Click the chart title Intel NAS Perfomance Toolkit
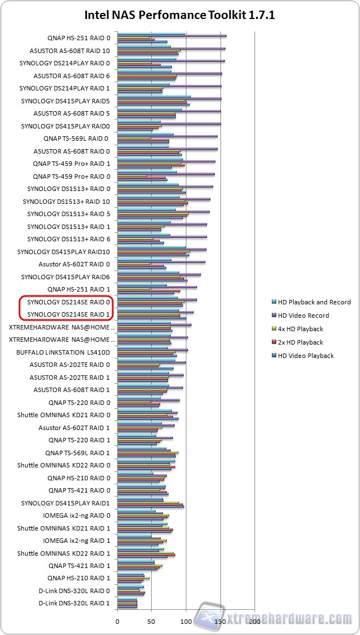pyautogui.click(x=180, y=15)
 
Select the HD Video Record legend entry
pyautogui.click(x=304, y=316)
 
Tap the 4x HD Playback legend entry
pyautogui.click(x=300, y=329)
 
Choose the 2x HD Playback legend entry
pyautogui.click(x=300, y=342)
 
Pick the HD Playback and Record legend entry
pyautogui.click(x=314, y=302)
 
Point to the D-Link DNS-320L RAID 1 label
pyautogui.click(x=74, y=603)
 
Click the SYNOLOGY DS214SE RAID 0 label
pyautogui.click(x=68, y=302)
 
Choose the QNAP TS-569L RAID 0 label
pyautogui.click(x=76, y=139)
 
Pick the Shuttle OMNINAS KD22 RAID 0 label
pyautogui.click(x=64, y=465)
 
